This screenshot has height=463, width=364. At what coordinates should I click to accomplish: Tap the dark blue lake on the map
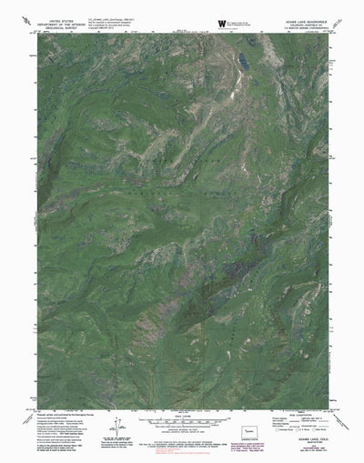245,63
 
